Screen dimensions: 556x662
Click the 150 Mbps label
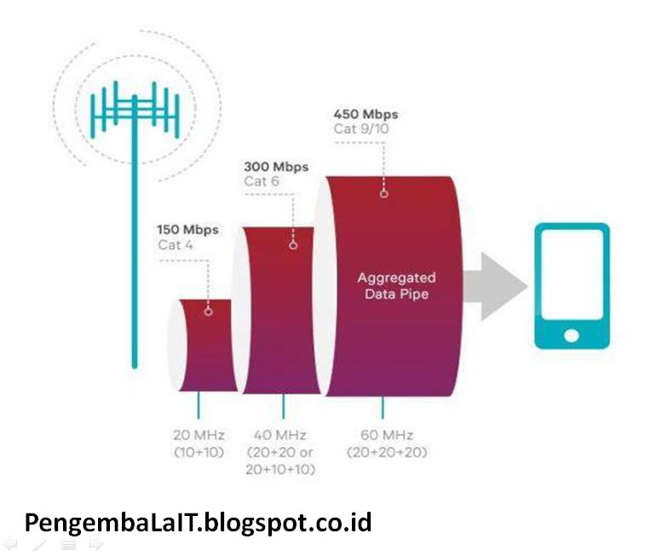pos(187,230)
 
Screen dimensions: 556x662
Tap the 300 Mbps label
pos(276,167)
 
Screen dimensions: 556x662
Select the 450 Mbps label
pos(366,114)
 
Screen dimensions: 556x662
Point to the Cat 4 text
pos(176,245)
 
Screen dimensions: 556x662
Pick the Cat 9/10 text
pos(361,129)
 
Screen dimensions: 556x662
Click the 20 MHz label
pos(199,436)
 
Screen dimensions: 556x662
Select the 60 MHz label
pos(387,436)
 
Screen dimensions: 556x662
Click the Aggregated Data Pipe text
pos(395,285)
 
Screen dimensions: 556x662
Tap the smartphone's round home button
pos(572,335)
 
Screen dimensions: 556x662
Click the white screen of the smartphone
pos(572,278)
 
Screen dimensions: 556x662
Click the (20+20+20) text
pos(387,452)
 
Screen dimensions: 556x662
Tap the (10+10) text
pos(199,452)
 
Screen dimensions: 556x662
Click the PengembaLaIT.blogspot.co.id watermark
pos(198,521)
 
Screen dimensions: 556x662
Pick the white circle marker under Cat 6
pos(293,244)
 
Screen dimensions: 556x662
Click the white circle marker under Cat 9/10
pos(383,193)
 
